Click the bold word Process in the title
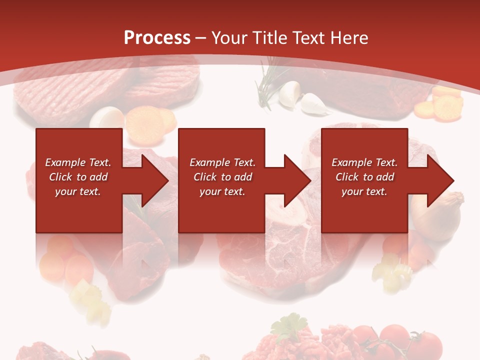pos(157,38)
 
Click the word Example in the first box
pos(65,162)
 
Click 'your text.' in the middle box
pos(222,191)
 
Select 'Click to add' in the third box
pos(364,177)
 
